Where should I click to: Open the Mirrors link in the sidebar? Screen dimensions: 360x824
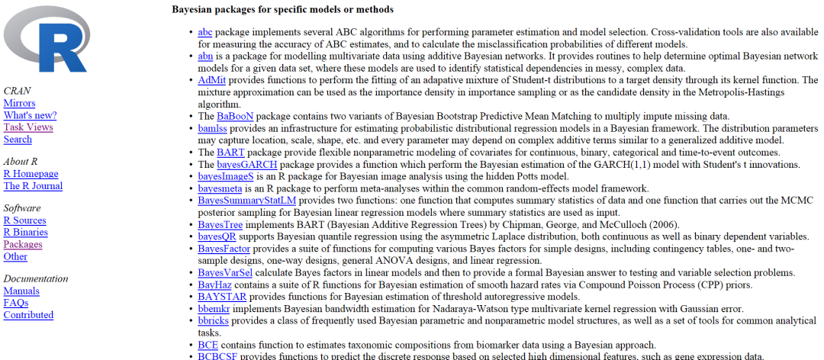[x=19, y=103]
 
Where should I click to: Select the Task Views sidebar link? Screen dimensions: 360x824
[x=28, y=127]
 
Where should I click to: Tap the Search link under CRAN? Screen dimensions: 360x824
[x=18, y=140]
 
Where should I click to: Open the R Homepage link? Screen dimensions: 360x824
[x=31, y=174]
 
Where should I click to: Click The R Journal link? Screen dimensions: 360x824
[x=33, y=186]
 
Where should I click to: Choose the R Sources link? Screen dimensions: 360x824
[x=24, y=220]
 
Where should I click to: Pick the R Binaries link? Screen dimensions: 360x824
[x=25, y=233]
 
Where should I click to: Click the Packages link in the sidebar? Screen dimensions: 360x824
[x=23, y=245]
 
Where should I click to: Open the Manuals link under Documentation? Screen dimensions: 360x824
[x=21, y=291]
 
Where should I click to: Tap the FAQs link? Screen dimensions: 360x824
[x=16, y=303]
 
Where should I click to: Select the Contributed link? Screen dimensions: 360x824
[x=28, y=315]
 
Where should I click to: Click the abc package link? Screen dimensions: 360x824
[x=204, y=32]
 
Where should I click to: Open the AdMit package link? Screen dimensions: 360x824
[x=211, y=80]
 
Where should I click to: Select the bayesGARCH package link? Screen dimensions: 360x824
[x=247, y=164]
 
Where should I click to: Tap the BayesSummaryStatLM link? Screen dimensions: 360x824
[x=246, y=201]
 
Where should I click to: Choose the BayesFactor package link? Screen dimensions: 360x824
[x=224, y=249]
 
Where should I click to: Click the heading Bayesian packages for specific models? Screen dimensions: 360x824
[x=282, y=10]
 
